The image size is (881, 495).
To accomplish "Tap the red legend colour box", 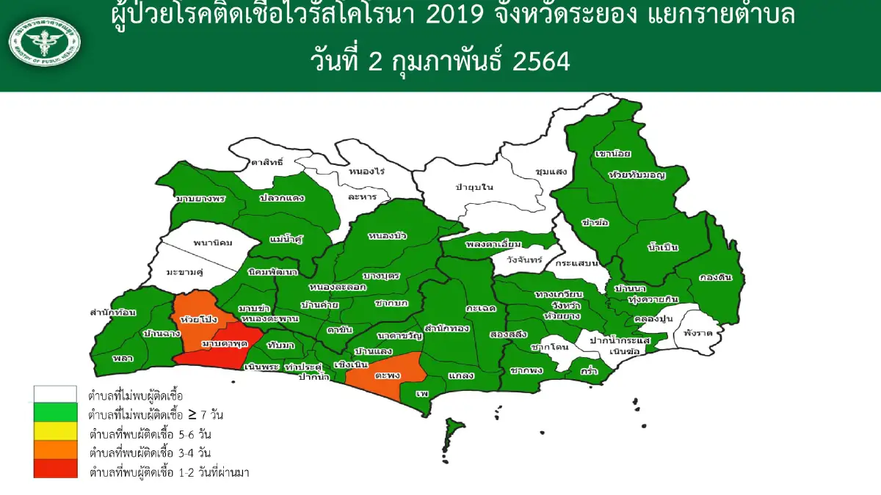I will pos(55,469).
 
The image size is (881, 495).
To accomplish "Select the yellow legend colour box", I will pos(55,431).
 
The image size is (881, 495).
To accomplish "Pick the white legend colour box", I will pos(55,395).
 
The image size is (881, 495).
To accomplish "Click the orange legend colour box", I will pos(55,450).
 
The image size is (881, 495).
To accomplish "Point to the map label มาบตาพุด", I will pos(223,343).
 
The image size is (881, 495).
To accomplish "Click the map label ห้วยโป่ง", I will pos(196,320).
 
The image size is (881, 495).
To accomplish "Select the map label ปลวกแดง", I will pos(282,197).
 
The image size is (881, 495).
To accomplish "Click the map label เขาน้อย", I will pos(614,155).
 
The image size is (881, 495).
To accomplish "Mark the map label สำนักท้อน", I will pos(112,312).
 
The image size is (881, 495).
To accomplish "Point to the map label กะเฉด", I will pos(479,309).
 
